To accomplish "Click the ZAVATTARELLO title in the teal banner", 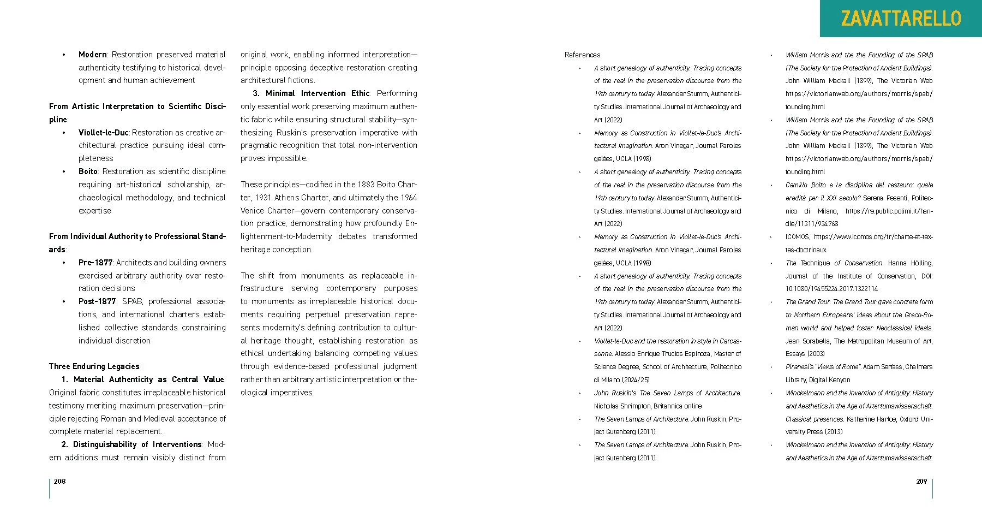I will pos(901,19).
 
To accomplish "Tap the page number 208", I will pos(59,481).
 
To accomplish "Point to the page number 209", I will pos(921,481).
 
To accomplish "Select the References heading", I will pos(582,55).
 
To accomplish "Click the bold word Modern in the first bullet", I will pos(92,55).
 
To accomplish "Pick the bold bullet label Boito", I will pos(88,171).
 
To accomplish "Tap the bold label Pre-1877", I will pos(95,263).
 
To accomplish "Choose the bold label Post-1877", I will pos(97,301).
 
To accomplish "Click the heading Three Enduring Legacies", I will pos(94,366).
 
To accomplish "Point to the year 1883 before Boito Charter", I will pos(366,185).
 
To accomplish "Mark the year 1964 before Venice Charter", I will pos(408,198).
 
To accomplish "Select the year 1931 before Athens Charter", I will pos(264,198).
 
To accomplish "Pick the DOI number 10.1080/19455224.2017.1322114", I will pos(831,289).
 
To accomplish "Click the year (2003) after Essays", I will pos(817,354).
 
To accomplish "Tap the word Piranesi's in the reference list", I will pos(800,367).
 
